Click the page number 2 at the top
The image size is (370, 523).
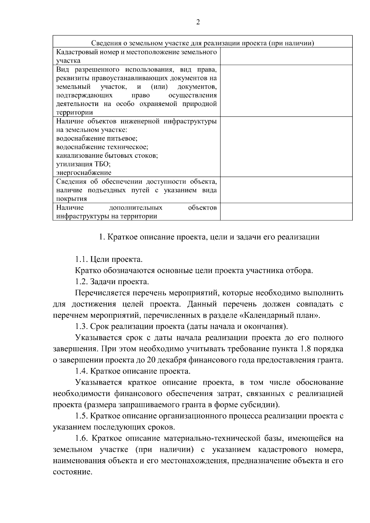(x=198, y=22)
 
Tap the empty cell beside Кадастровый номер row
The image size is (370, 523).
(x=286, y=56)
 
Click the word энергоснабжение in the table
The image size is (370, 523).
(x=84, y=173)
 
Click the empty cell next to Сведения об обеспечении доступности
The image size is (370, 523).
(x=286, y=190)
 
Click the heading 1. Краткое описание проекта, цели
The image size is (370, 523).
(x=209, y=237)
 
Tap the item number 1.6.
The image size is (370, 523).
(x=82, y=438)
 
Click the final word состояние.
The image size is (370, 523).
(x=72, y=472)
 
